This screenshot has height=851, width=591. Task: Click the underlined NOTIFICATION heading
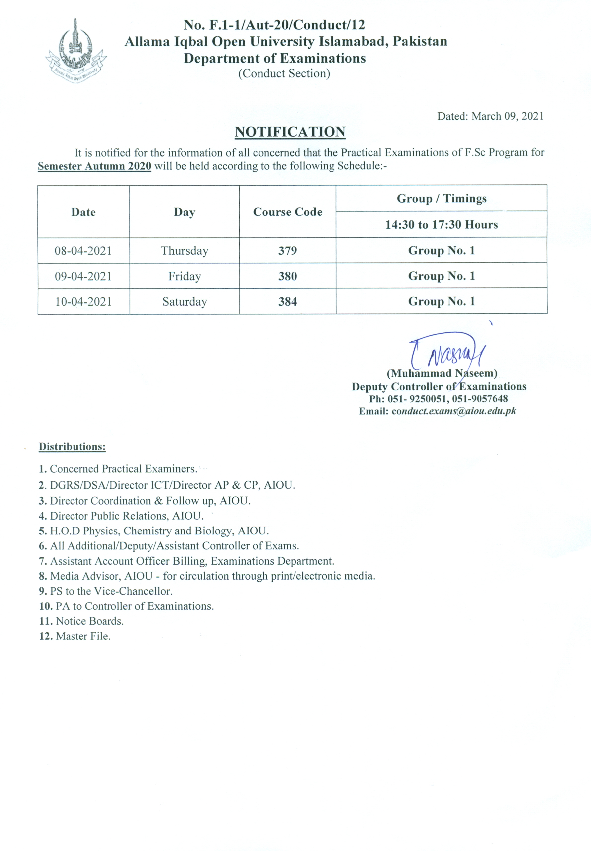[x=290, y=132]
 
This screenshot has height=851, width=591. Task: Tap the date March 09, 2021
[x=507, y=116]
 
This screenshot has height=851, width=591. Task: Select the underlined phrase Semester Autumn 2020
[x=94, y=166]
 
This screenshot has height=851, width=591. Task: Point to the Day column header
[x=185, y=212]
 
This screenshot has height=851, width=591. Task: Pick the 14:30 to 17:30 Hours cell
[x=442, y=224]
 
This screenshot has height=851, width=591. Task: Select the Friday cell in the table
[x=185, y=276]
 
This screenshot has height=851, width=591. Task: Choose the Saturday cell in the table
[x=185, y=301]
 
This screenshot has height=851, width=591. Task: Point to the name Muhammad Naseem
[x=442, y=373]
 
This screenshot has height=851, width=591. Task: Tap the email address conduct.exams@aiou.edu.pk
[x=454, y=411]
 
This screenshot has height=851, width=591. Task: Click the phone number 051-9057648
[x=480, y=399]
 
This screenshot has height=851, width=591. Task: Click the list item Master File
[x=83, y=636]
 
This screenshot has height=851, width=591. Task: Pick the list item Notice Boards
[x=90, y=621]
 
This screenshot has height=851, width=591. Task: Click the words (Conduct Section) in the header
[x=284, y=73]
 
